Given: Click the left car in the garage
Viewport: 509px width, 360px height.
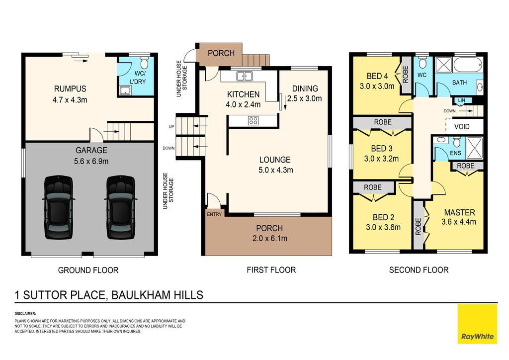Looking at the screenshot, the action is [59, 207].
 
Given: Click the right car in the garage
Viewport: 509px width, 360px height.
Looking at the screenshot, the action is [121, 207].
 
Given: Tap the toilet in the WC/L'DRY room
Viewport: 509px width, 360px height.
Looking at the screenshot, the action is [144, 63].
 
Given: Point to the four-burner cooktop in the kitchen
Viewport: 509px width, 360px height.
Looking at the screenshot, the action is [253, 121].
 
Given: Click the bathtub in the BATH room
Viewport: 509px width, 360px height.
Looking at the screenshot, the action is [467, 65].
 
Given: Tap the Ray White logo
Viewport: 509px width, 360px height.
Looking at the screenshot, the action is [477, 324].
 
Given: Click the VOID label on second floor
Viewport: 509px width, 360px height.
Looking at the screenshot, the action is [462, 126].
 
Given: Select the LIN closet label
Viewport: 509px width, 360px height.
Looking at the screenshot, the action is [461, 100].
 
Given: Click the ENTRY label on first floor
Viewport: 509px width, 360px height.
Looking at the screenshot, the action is [214, 214].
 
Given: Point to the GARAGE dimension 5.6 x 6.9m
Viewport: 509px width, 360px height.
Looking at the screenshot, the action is [91, 161].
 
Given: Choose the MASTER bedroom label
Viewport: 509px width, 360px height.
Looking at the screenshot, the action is [459, 213].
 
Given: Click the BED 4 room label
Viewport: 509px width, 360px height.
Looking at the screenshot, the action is [377, 76].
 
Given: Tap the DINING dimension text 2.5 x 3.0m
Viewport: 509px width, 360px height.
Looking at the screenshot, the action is [305, 98].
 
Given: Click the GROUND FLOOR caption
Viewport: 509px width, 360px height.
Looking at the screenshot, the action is [88, 270].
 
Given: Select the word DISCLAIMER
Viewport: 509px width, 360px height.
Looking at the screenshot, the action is [25, 314].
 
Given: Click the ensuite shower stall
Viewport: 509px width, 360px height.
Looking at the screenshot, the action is [475, 148].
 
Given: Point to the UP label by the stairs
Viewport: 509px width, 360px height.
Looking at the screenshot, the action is [171, 127].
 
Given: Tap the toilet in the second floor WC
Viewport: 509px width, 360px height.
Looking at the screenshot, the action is [422, 62].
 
